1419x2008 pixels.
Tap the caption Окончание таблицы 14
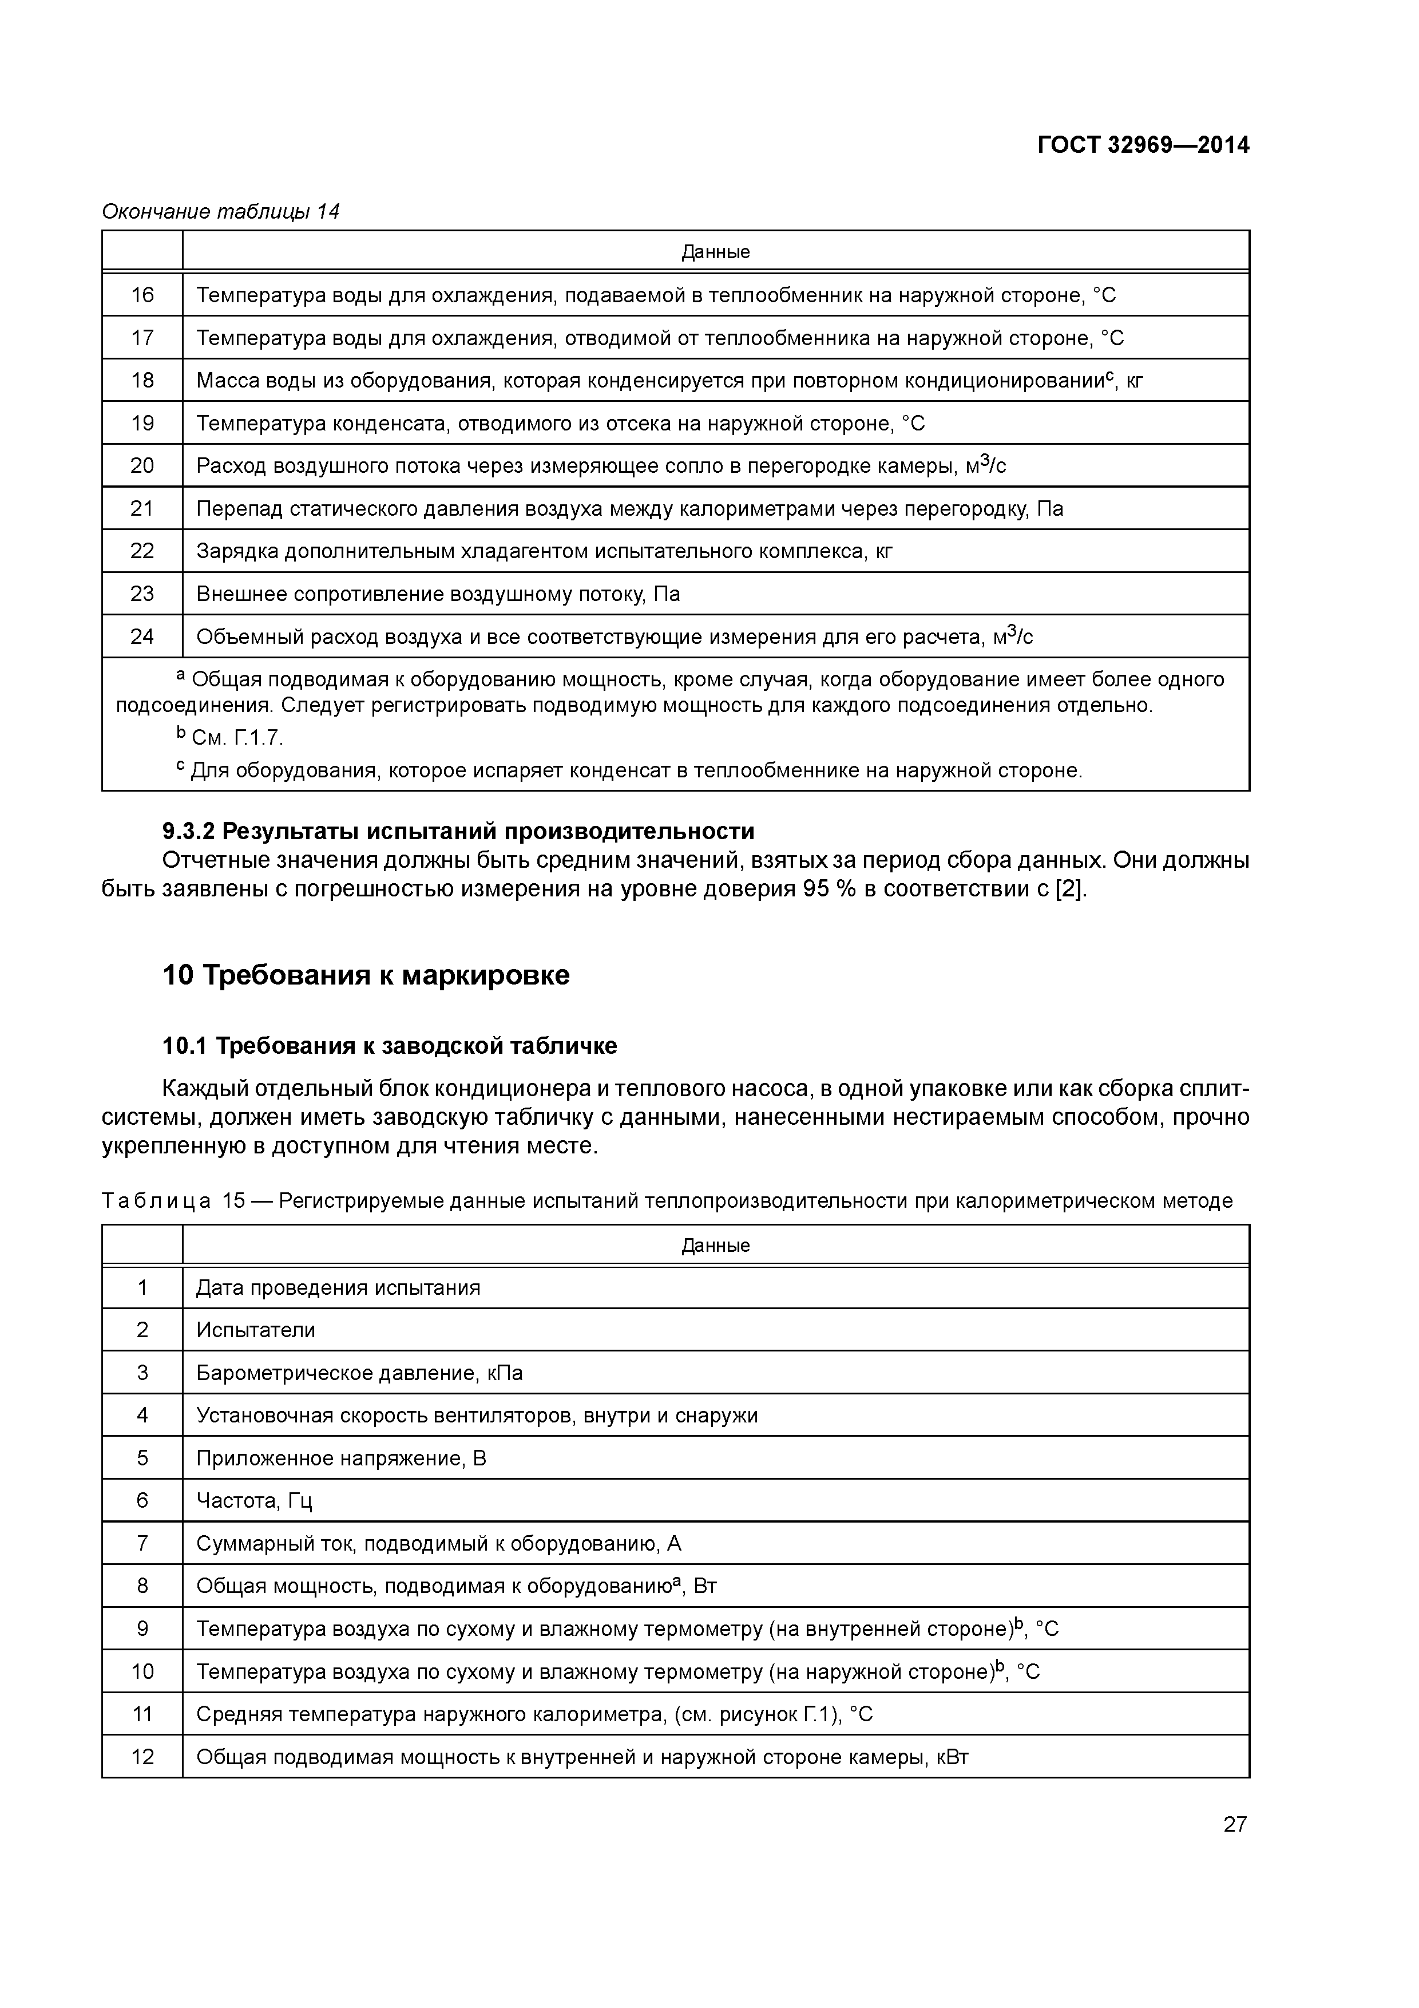[220, 212]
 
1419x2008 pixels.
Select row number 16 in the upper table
[142, 295]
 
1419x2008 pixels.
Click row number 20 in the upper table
[142, 466]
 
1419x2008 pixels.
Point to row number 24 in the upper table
[142, 637]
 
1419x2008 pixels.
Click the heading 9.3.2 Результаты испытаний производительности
[458, 831]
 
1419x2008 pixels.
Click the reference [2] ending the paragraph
[1070, 890]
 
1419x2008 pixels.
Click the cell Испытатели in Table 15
[255, 1330]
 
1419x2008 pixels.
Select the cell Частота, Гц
[253, 1501]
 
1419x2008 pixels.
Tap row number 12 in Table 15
[142, 1757]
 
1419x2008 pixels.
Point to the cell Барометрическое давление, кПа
[359, 1373]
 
